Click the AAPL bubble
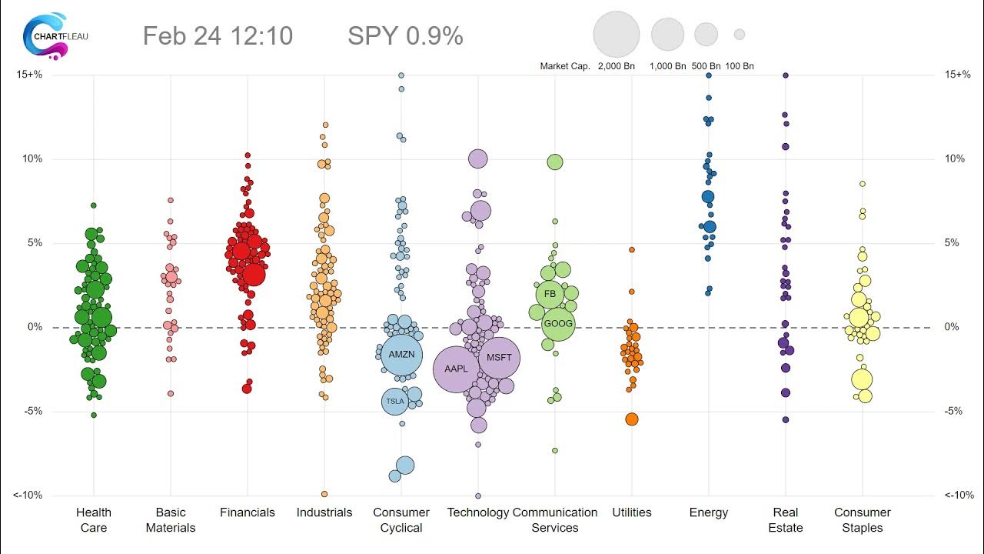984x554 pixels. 457,369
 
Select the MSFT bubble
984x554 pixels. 500,359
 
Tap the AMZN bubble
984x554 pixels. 401,355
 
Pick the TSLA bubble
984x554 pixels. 394,402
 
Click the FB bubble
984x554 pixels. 550,294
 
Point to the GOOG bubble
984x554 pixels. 557,323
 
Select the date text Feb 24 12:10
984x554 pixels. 218,35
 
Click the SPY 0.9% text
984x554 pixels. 405,35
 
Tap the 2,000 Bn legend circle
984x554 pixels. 617,35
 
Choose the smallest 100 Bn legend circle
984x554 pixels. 740,35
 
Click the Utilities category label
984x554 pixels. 632,512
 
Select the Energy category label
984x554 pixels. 709,512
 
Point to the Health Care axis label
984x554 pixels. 94,520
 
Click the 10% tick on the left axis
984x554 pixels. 32,159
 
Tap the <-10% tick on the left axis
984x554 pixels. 28,496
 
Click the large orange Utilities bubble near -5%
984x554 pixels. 631,419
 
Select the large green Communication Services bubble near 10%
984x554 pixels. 555,162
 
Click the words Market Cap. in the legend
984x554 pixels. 565,66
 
